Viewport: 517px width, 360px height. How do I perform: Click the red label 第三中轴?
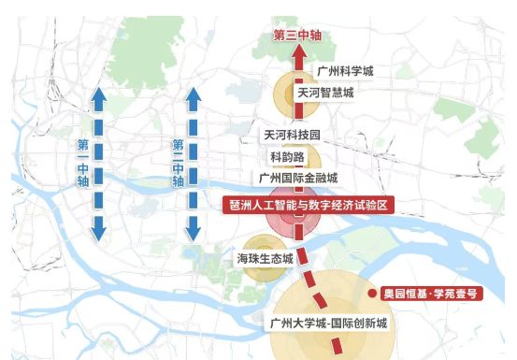(297, 36)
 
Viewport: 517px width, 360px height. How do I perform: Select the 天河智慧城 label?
(326, 93)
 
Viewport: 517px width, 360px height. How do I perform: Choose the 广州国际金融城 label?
(298, 178)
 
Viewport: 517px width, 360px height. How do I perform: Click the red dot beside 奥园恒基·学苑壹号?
(372, 293)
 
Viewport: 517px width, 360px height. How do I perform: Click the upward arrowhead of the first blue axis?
(98, 93)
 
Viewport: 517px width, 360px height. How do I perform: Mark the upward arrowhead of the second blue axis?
(194, 93)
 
